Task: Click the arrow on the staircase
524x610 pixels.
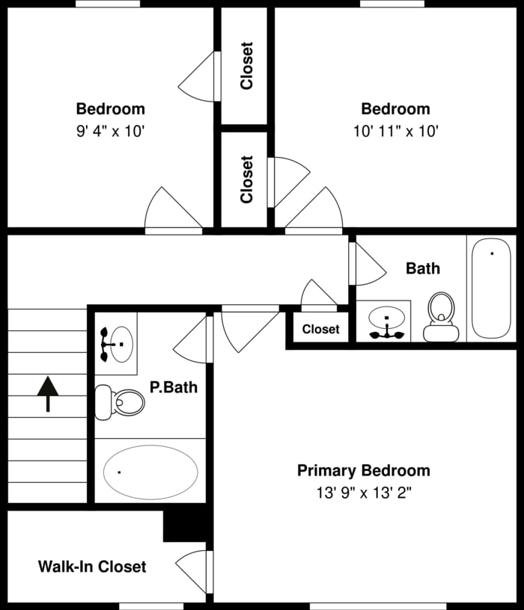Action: click(x=48, y=393)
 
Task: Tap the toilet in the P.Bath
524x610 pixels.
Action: click(x=121, y=402)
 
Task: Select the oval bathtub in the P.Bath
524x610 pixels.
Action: click(x=150, y=472)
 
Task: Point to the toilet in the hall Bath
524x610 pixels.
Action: click(x=440, y=315)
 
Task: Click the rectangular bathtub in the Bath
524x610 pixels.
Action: click(x=491, y=289)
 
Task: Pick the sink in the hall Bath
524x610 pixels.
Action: click(x=386, y=322)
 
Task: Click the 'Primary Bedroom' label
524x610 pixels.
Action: click(x=363, y=470)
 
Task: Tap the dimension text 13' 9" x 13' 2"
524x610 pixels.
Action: click(x=363, y=493)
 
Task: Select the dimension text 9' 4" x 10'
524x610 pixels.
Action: click(x=110, y=131)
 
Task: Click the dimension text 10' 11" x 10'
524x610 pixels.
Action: click(x=395, y=131)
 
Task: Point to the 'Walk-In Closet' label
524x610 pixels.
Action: click(x=92, y=567)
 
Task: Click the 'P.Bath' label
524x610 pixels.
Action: click(x=173, y=387)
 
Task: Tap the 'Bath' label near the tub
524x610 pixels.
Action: click(x=423, y=268)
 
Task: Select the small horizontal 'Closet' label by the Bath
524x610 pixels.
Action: click(x=320, y=329)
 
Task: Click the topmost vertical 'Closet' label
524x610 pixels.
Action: click(x=246, y=66)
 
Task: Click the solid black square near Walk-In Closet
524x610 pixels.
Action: click(x=184, y=526)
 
